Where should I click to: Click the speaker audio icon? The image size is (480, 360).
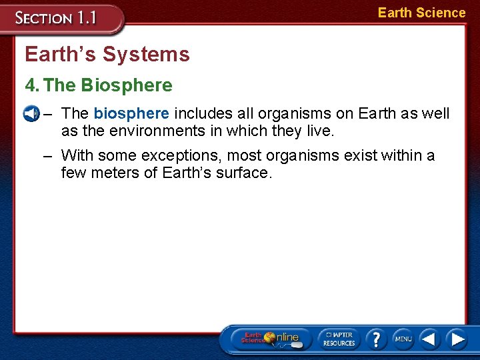(30, 114)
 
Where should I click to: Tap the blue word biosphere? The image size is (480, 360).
(131, 114)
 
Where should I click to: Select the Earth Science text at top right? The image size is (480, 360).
(421, 13)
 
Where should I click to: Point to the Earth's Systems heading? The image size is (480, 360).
(107, 54)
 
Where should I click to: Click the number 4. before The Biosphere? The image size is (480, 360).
(32, 85)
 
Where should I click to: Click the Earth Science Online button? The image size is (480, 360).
(271, 338)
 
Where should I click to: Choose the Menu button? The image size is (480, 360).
(403, 339)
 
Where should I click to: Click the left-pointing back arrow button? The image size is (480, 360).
(429, 339)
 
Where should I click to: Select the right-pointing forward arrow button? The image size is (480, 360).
(457, 339)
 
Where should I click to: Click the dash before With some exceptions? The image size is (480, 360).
(47, 156)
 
